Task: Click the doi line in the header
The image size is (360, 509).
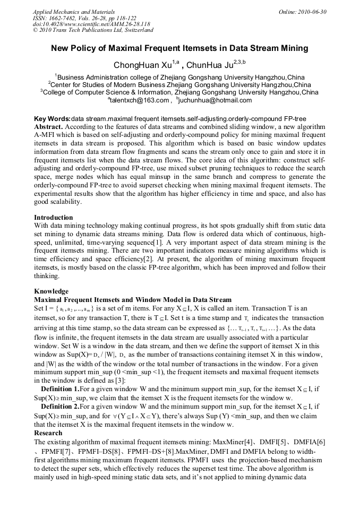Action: click(91, 24)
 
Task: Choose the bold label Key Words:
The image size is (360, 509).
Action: click(52, 118)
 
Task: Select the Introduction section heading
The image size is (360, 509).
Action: click(54, 217)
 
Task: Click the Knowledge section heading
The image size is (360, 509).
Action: click(51, 291)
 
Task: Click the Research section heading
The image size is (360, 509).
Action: click(48, 433)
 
